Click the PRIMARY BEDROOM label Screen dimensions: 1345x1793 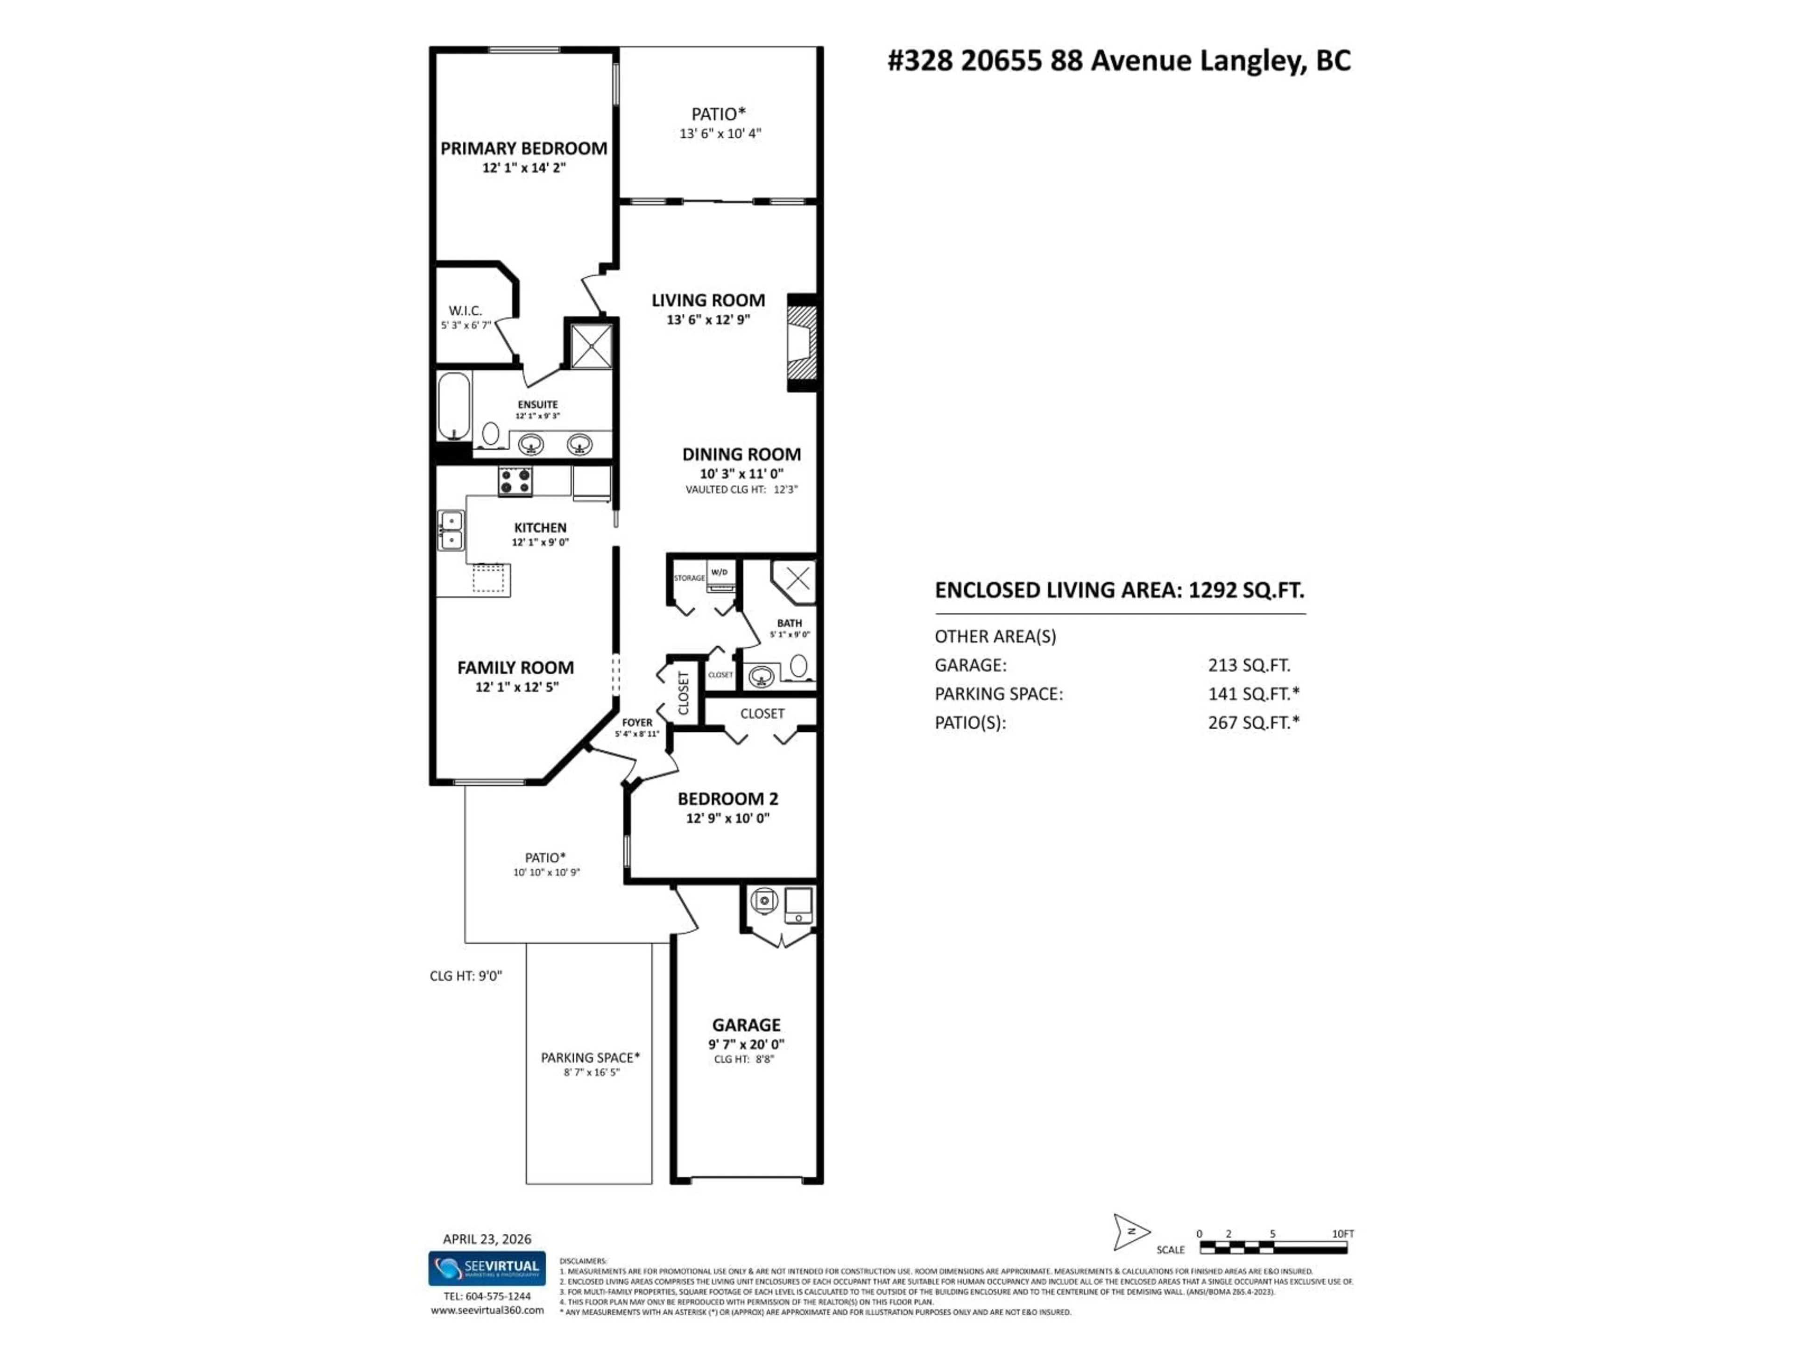(523, 149)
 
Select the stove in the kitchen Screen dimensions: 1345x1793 (515, 481)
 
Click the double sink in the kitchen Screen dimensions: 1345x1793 (451, 530)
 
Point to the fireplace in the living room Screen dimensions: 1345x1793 (801, 343)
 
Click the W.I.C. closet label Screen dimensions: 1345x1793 (465, 311)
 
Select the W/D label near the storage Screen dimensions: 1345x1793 (719, 573)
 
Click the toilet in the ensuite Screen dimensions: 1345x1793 (490, 434)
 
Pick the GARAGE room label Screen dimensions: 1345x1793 (746, 1025)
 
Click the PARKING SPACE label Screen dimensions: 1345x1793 (590, 1057)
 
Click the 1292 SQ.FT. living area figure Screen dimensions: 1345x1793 (1246, 590)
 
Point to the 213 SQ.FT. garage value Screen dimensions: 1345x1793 (1248, 665)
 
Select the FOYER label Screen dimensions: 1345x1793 (637, 722)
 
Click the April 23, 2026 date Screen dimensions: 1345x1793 (487, 1239)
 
